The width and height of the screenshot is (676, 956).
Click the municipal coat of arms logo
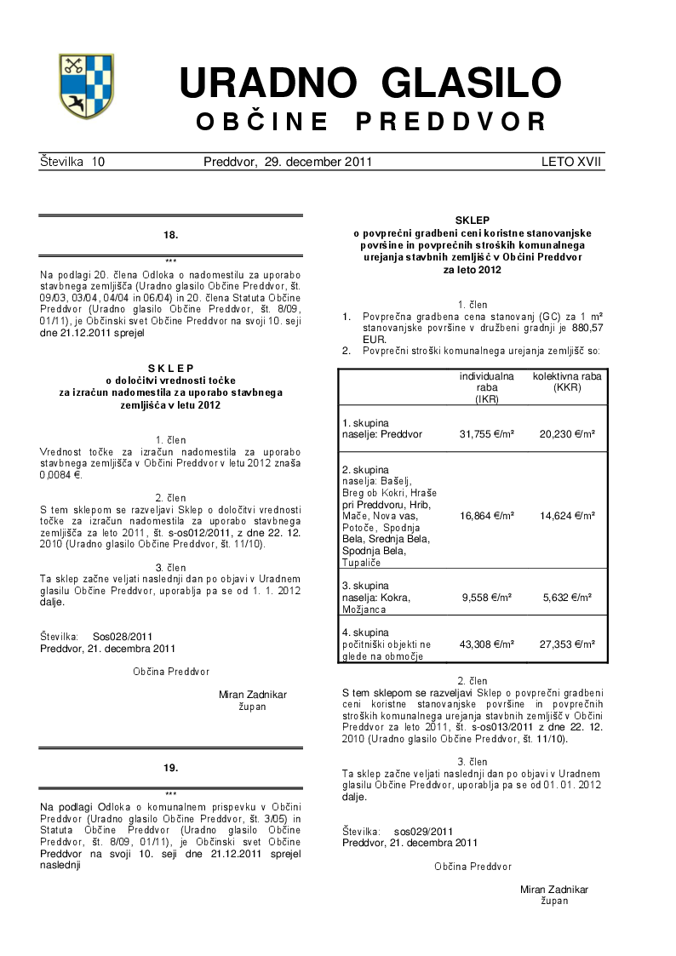(85, 86)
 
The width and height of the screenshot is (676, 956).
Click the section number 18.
(170, 233)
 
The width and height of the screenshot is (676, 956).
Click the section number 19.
(170, 768)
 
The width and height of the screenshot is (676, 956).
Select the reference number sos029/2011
(424, 831)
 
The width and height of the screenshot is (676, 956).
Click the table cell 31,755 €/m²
(486, 434)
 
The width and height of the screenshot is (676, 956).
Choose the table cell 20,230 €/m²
(567, 434)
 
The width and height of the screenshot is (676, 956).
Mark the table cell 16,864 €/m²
(486, 516)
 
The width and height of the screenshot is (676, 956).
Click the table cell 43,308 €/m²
(486, 644)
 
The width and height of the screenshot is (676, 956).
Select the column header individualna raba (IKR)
(486, 386)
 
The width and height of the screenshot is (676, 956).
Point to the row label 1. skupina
(365, 422)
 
